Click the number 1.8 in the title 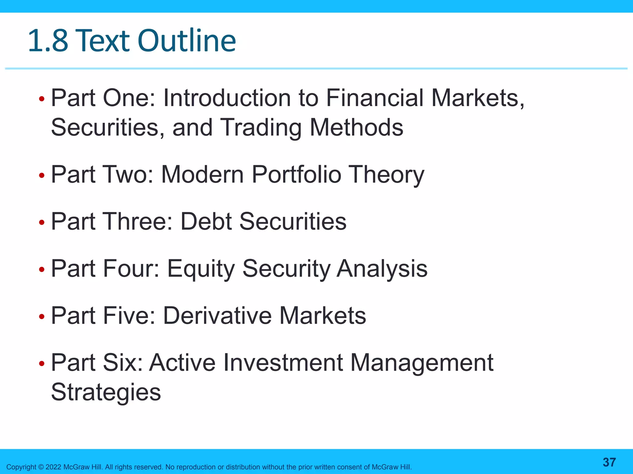tap(48, 41)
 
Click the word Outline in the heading tap(187, 41)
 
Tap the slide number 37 tap(609, 462)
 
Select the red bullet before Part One tap(42, 99)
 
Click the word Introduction tap(227, 98)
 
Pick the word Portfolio tap(296, 175)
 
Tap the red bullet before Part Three tap(42, 222)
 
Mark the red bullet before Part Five tap(42, 317)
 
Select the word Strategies tap(106, 393)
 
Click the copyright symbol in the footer tap(41, 467)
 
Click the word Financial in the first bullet tap(375, 98)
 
